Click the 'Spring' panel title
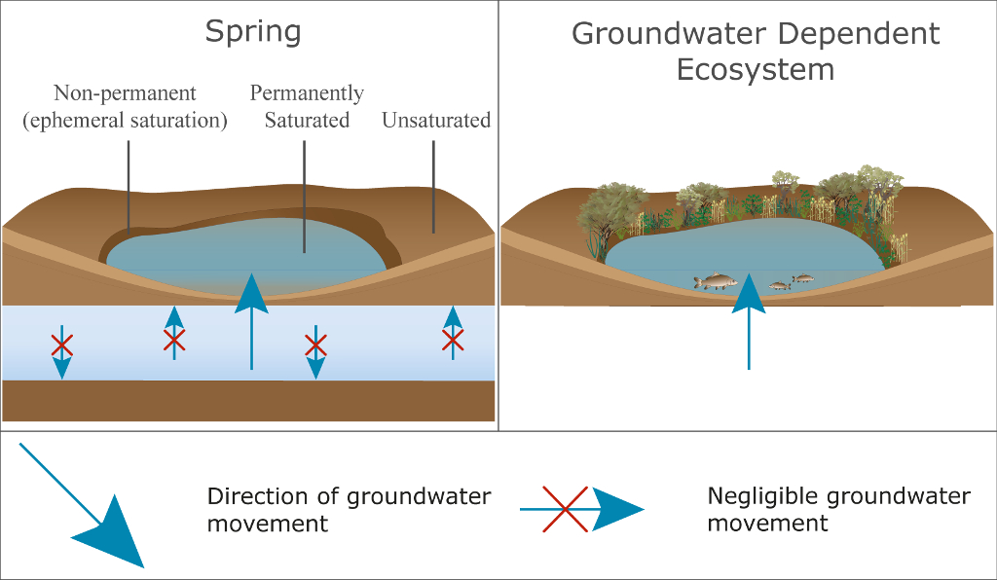252,31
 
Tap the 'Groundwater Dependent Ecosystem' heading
756,52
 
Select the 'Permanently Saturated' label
307,107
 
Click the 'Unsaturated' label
435,121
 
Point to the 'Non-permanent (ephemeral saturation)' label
127,107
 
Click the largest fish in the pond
715,281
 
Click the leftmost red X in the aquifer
61,345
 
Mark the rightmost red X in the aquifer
453,340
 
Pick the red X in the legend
566,509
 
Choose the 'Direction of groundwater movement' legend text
349,509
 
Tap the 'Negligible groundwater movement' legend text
838,509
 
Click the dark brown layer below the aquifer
248,401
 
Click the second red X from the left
174,340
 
